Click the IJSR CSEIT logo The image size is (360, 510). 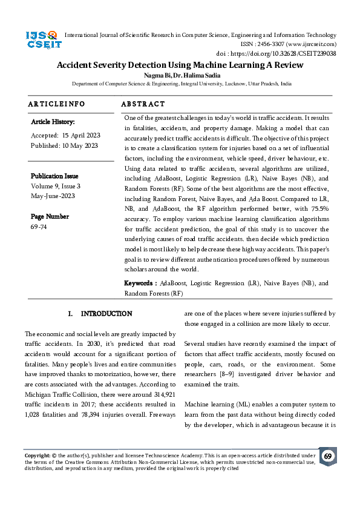[x=42, y=40]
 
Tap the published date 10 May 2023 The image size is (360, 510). [x=76, y=145]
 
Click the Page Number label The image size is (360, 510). [x=50, y=216]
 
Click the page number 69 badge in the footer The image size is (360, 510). [x=327, y=456]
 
